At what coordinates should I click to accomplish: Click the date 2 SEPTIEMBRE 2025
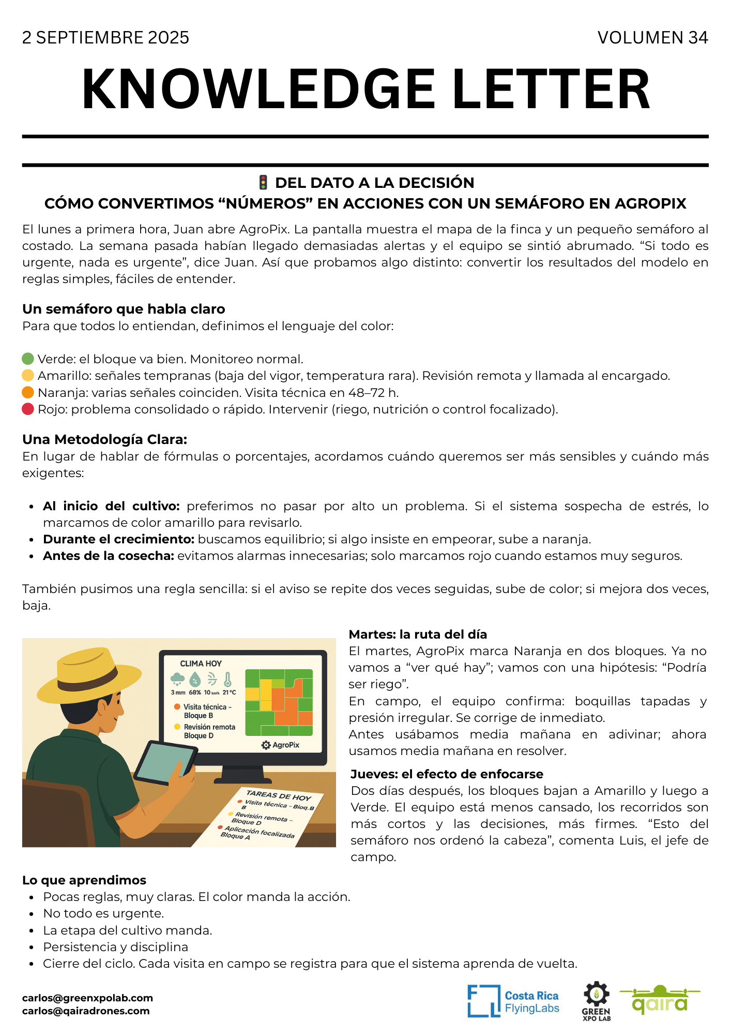coord(105,38)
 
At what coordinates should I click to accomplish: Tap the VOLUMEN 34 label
coord(652,38)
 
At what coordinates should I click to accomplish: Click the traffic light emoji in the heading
coord(263,183)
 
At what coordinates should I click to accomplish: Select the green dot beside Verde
coord(28,359)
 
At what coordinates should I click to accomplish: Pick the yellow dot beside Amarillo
coord(28,375)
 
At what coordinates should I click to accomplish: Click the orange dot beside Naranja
coord(28,392)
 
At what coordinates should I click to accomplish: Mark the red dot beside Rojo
coord(28,409)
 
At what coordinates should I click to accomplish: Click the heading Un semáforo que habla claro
coord(124,309)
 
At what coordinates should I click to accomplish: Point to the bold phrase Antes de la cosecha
coord(109,556)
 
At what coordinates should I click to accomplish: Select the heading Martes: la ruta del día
coord(418,634)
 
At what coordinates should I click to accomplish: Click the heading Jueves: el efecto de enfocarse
coord(447,774)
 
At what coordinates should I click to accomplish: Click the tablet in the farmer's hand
coord(164,763)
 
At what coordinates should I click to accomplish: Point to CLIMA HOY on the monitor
coord(201,663)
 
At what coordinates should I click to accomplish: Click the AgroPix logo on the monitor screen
coord(281,745)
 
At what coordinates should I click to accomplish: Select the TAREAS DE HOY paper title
coord(278,795)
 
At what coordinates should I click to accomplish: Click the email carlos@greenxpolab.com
coord(87,998)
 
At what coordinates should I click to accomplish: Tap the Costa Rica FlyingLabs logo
coord(513,1001)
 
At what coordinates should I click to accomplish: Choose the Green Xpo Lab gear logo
coord(596,1001)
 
